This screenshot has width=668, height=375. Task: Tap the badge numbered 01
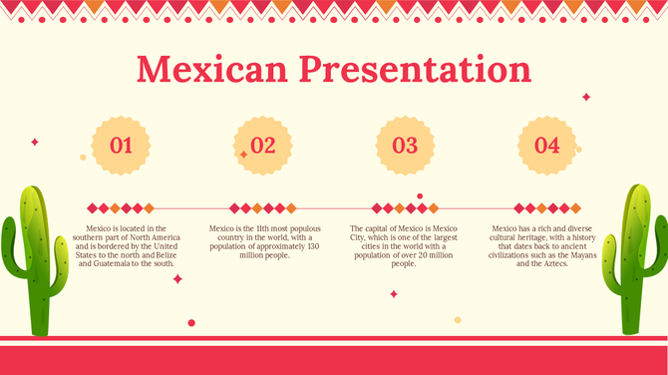[x=121, y=146]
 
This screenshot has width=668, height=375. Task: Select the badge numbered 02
[x=262, y=146]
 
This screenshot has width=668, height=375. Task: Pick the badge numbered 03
[x=405, y=146]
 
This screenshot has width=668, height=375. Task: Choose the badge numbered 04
[x=546, y=146]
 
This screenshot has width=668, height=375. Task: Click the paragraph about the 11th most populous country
[x=263, y=242]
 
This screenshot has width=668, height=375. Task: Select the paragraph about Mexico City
[x=404, y=246]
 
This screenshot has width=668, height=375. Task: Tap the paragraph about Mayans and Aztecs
[x=546, y=246]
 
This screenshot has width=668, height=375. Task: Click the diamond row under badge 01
[x=121, y=208]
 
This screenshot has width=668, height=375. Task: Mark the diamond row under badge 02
[x=262, y=208]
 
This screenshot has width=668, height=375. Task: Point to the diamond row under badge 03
[x=404, y=208]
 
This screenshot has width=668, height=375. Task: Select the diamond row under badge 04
[x=546, y=208]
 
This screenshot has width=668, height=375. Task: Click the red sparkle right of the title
[x=586, y=97]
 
